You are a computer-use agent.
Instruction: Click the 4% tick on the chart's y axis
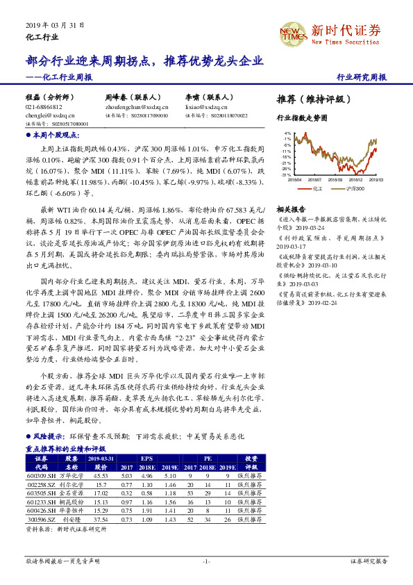click(286, 132)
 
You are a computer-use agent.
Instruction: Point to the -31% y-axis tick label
click(285, 175)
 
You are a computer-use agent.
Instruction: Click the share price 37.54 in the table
click(101, 518)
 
